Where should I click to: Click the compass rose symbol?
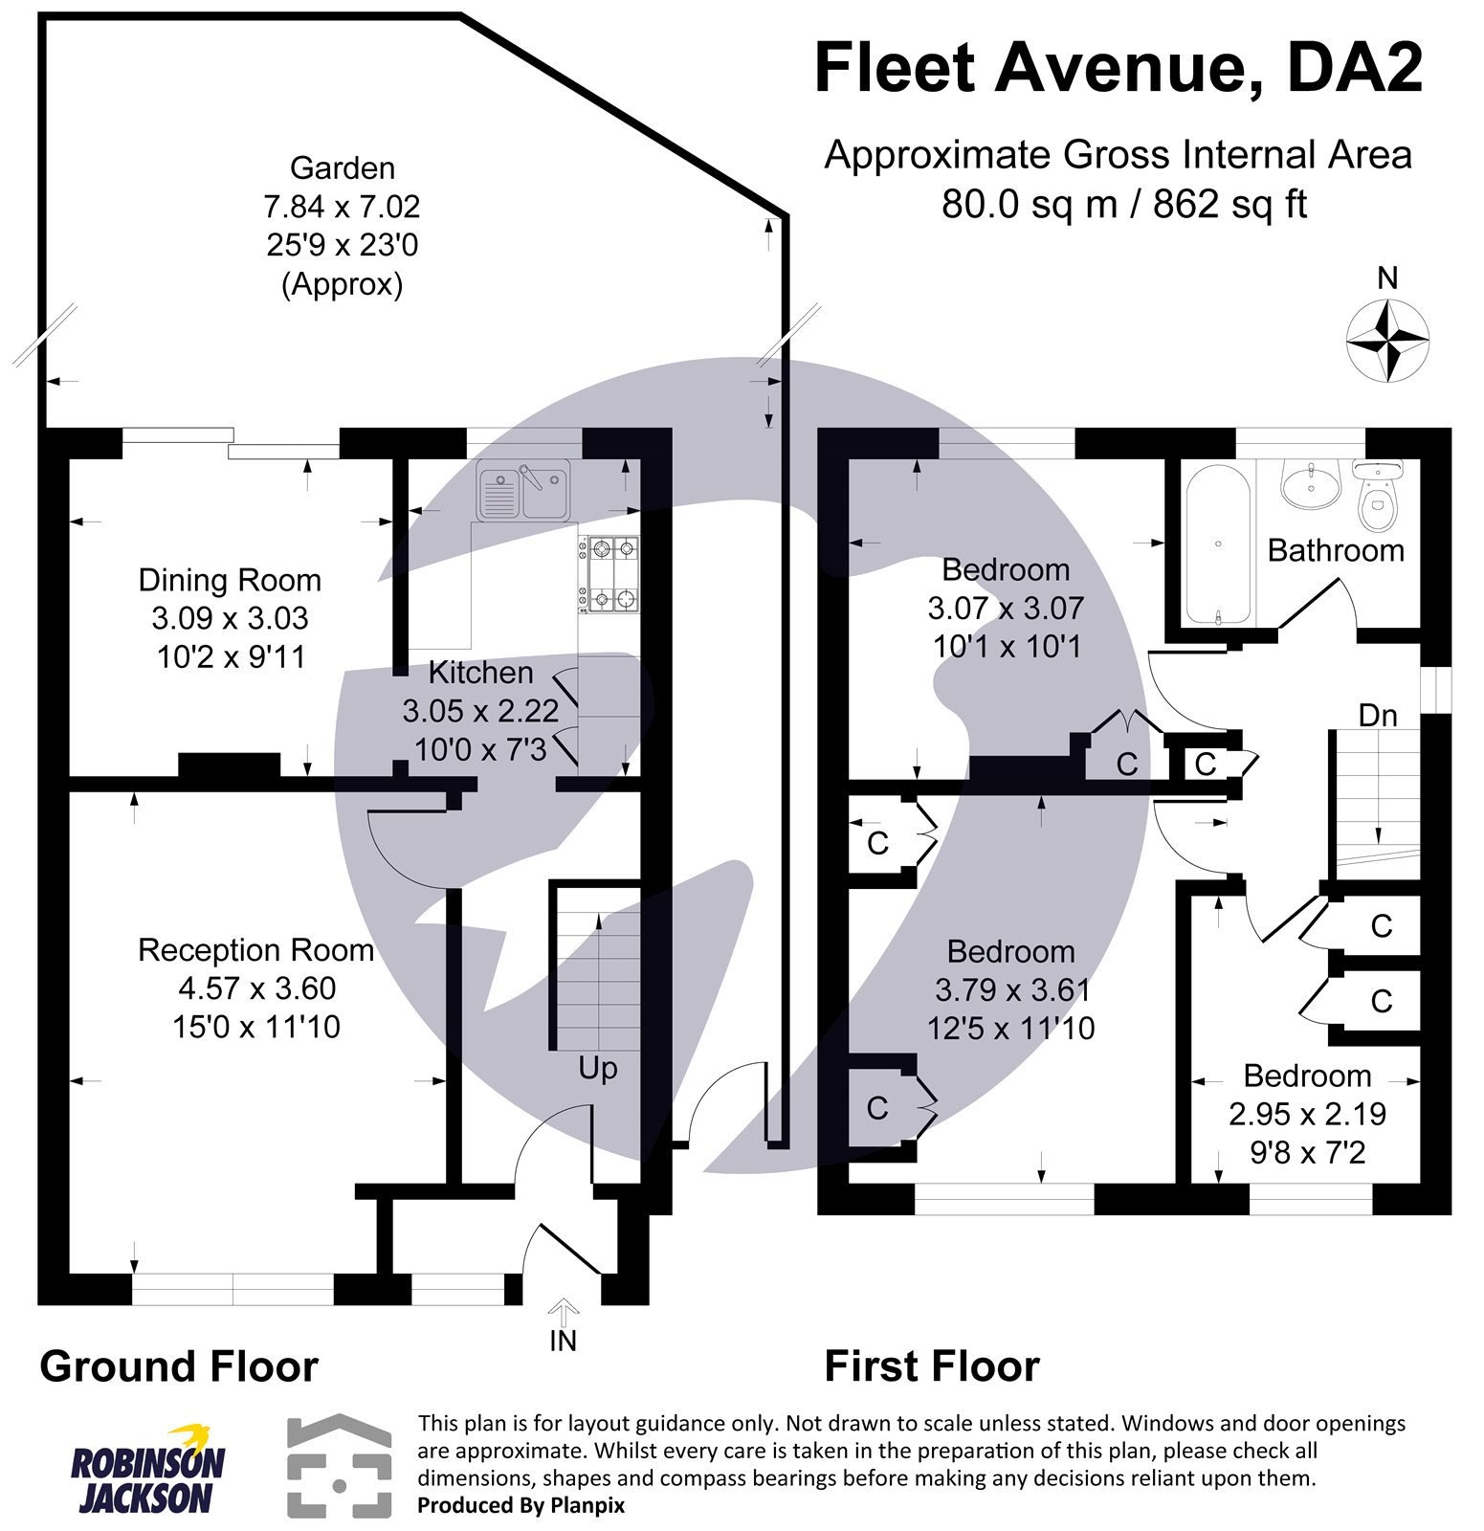tap(1387, 340)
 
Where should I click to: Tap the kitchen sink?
tap(522, 490)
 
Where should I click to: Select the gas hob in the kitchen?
tap(609, 574)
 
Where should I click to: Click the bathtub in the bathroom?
tap(1218, 543)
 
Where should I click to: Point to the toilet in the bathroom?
tap(1378, 497)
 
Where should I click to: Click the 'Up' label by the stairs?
tap(597, 1068)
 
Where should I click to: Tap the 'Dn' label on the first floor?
tap(1378, 715)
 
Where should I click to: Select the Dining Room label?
tap(230, 580)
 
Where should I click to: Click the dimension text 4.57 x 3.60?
tap(256, 988)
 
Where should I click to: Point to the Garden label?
tap(342, 168)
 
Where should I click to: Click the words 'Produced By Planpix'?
tap(521, 1505)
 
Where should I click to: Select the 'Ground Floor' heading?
tap(179, 1366)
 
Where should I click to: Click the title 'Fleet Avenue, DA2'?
tap(1118, 69)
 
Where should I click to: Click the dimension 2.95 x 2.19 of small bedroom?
tap(1307, 1114)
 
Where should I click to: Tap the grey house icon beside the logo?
tap(340, 1465)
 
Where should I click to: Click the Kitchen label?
tap(480, 673)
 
